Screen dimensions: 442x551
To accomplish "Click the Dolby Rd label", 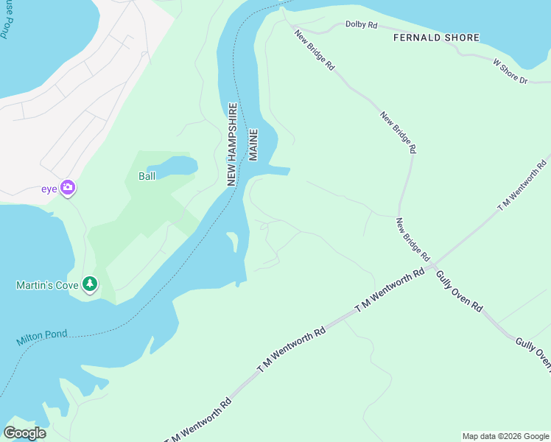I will click(x=361, y=25).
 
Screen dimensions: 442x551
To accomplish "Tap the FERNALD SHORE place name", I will click(x=436, y=38).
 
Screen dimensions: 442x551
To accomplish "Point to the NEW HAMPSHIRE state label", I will click(x=231, y=144).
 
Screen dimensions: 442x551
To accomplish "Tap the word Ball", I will click(x=147, y=176).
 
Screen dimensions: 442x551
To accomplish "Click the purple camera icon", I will click(x=68, y=188).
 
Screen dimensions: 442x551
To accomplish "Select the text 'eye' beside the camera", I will click(x=49, y=189).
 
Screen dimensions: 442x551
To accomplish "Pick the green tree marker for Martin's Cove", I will click(x=90, y=284).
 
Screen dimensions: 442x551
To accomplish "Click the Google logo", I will click(x=24, y=432).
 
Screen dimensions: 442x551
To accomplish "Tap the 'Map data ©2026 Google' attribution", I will click(x=505, y=436).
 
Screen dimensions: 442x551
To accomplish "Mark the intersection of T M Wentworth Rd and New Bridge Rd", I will click(x=435, y=264).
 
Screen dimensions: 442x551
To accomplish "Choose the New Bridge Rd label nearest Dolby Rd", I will click(x=315, y=50).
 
